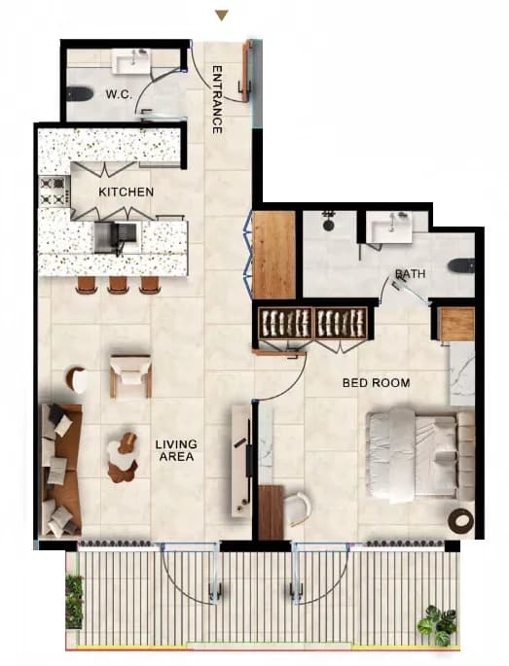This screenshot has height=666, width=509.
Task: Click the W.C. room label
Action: [119, 94]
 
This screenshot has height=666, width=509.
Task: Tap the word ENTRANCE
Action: [217, 99]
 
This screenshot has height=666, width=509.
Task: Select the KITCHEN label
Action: [126, 192]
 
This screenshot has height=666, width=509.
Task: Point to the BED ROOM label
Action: [377, 383]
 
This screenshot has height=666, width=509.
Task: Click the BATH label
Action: [410, 274]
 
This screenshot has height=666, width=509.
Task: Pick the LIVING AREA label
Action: [176, 450]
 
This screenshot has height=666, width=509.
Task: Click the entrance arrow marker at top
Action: [222, 16]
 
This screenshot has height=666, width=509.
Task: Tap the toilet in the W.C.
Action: [79, 93]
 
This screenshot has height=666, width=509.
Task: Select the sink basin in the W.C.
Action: [131, 62]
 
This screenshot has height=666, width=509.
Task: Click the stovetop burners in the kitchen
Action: [54, 192]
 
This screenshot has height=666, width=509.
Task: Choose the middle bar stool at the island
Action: [118, 285]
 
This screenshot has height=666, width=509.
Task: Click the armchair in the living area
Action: [130, 375]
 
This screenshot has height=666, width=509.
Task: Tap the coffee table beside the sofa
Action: [123, 458]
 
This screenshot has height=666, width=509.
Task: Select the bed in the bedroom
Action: [420, 455]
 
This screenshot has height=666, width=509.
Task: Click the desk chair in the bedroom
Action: [297, 508]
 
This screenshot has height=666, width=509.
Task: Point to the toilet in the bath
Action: [461, 265]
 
